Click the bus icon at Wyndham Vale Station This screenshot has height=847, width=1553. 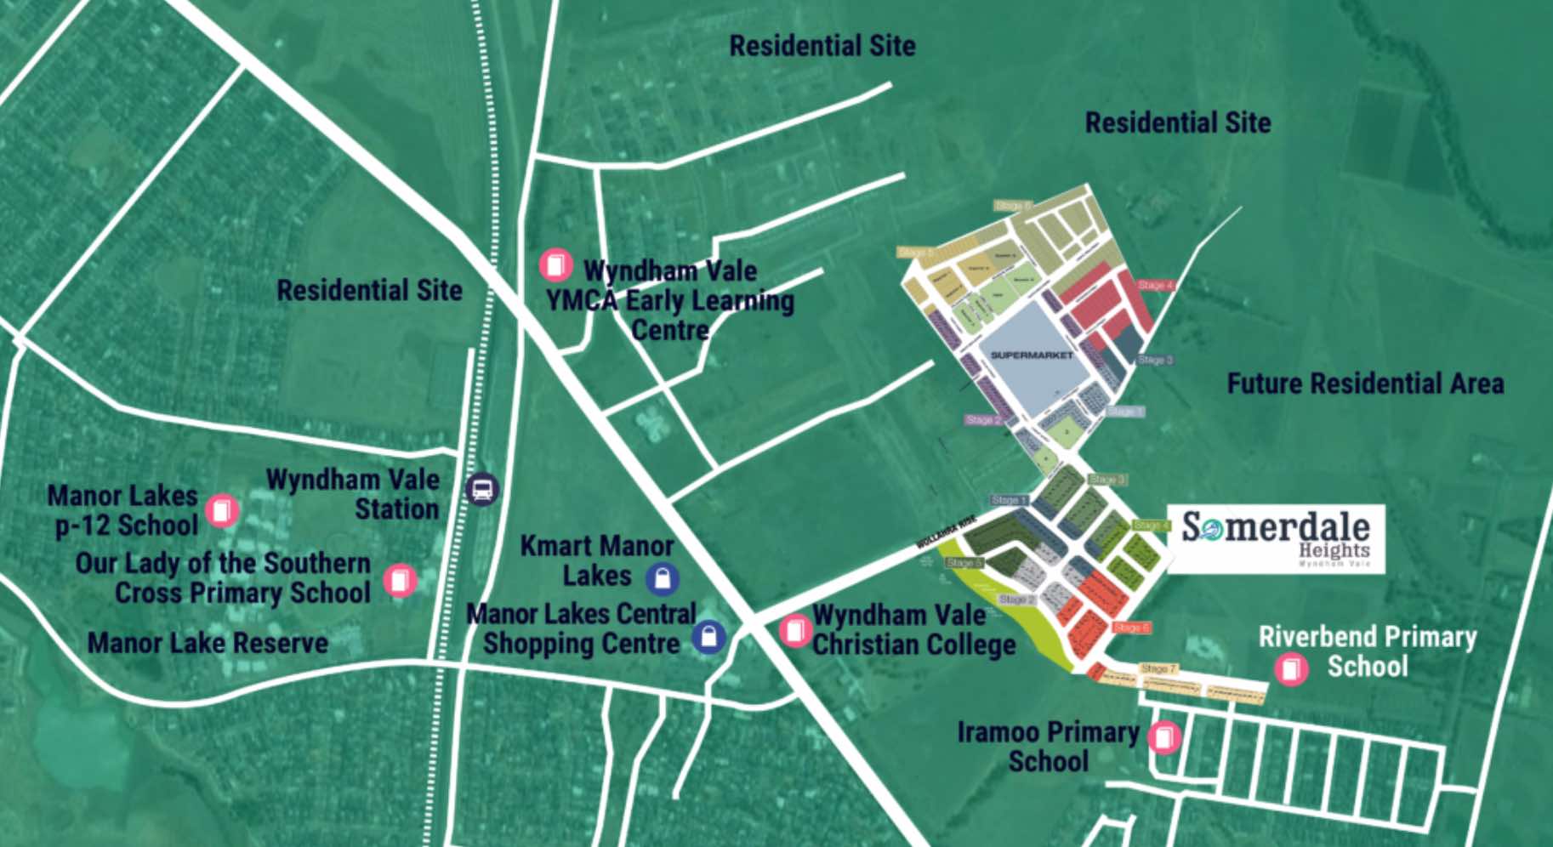click(482, 489)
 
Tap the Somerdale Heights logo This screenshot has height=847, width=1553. click(1276, 538)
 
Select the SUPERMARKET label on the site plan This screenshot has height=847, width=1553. click(1032, 355)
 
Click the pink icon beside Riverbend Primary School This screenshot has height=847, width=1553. click(1290, 668)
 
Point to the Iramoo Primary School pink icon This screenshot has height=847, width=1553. click(1164, 736)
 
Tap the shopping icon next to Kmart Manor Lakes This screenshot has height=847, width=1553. click(663, 579)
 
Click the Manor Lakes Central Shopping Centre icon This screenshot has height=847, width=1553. click(708, 636)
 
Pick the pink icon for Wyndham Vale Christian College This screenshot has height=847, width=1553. click(795, 630)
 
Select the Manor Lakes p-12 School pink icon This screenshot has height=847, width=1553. click(222, 510)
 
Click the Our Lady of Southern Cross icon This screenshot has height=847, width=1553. click(399, 580)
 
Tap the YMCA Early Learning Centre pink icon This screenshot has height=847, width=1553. click(555, 264)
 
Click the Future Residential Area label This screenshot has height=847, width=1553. click(1365, 384)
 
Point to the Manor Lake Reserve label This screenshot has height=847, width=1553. click(208, 643)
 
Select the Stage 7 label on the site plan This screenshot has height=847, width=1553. click(1158, 668)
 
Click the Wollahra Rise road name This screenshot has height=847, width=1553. click(946, 533)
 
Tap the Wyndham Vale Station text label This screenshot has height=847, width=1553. click(353, 494)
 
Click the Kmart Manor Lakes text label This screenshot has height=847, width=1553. click(596, 560)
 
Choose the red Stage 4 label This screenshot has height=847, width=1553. click(1155, 285)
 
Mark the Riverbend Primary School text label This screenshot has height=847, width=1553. click(1368, 651)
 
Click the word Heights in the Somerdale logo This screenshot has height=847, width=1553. click(1334, 550)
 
